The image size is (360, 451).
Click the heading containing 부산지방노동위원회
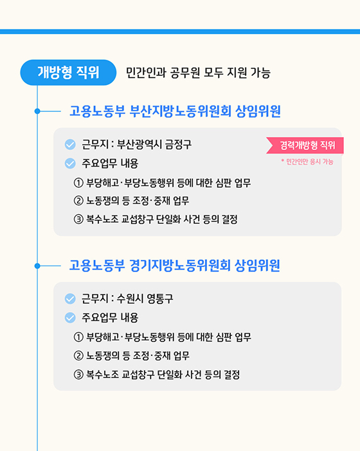[x=175, y=111]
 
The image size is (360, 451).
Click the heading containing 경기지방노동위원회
[x=174, y=265]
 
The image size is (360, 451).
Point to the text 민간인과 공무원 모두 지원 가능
[x=198, y=73]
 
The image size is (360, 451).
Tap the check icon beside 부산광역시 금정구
[x=71, y=145]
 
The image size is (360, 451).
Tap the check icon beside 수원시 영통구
[x=71, y=299]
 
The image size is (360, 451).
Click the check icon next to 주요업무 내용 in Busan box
[x=71, y=163]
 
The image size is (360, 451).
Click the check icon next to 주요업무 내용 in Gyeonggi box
[x=71, y=317]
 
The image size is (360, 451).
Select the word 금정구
[x=178, y=145]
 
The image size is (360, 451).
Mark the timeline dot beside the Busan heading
[x=37, y=111]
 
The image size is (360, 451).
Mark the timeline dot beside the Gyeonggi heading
[x=37, y=265]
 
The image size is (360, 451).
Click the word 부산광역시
[x=139, y=145]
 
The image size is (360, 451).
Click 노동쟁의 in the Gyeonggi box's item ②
[x=105, y=355]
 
